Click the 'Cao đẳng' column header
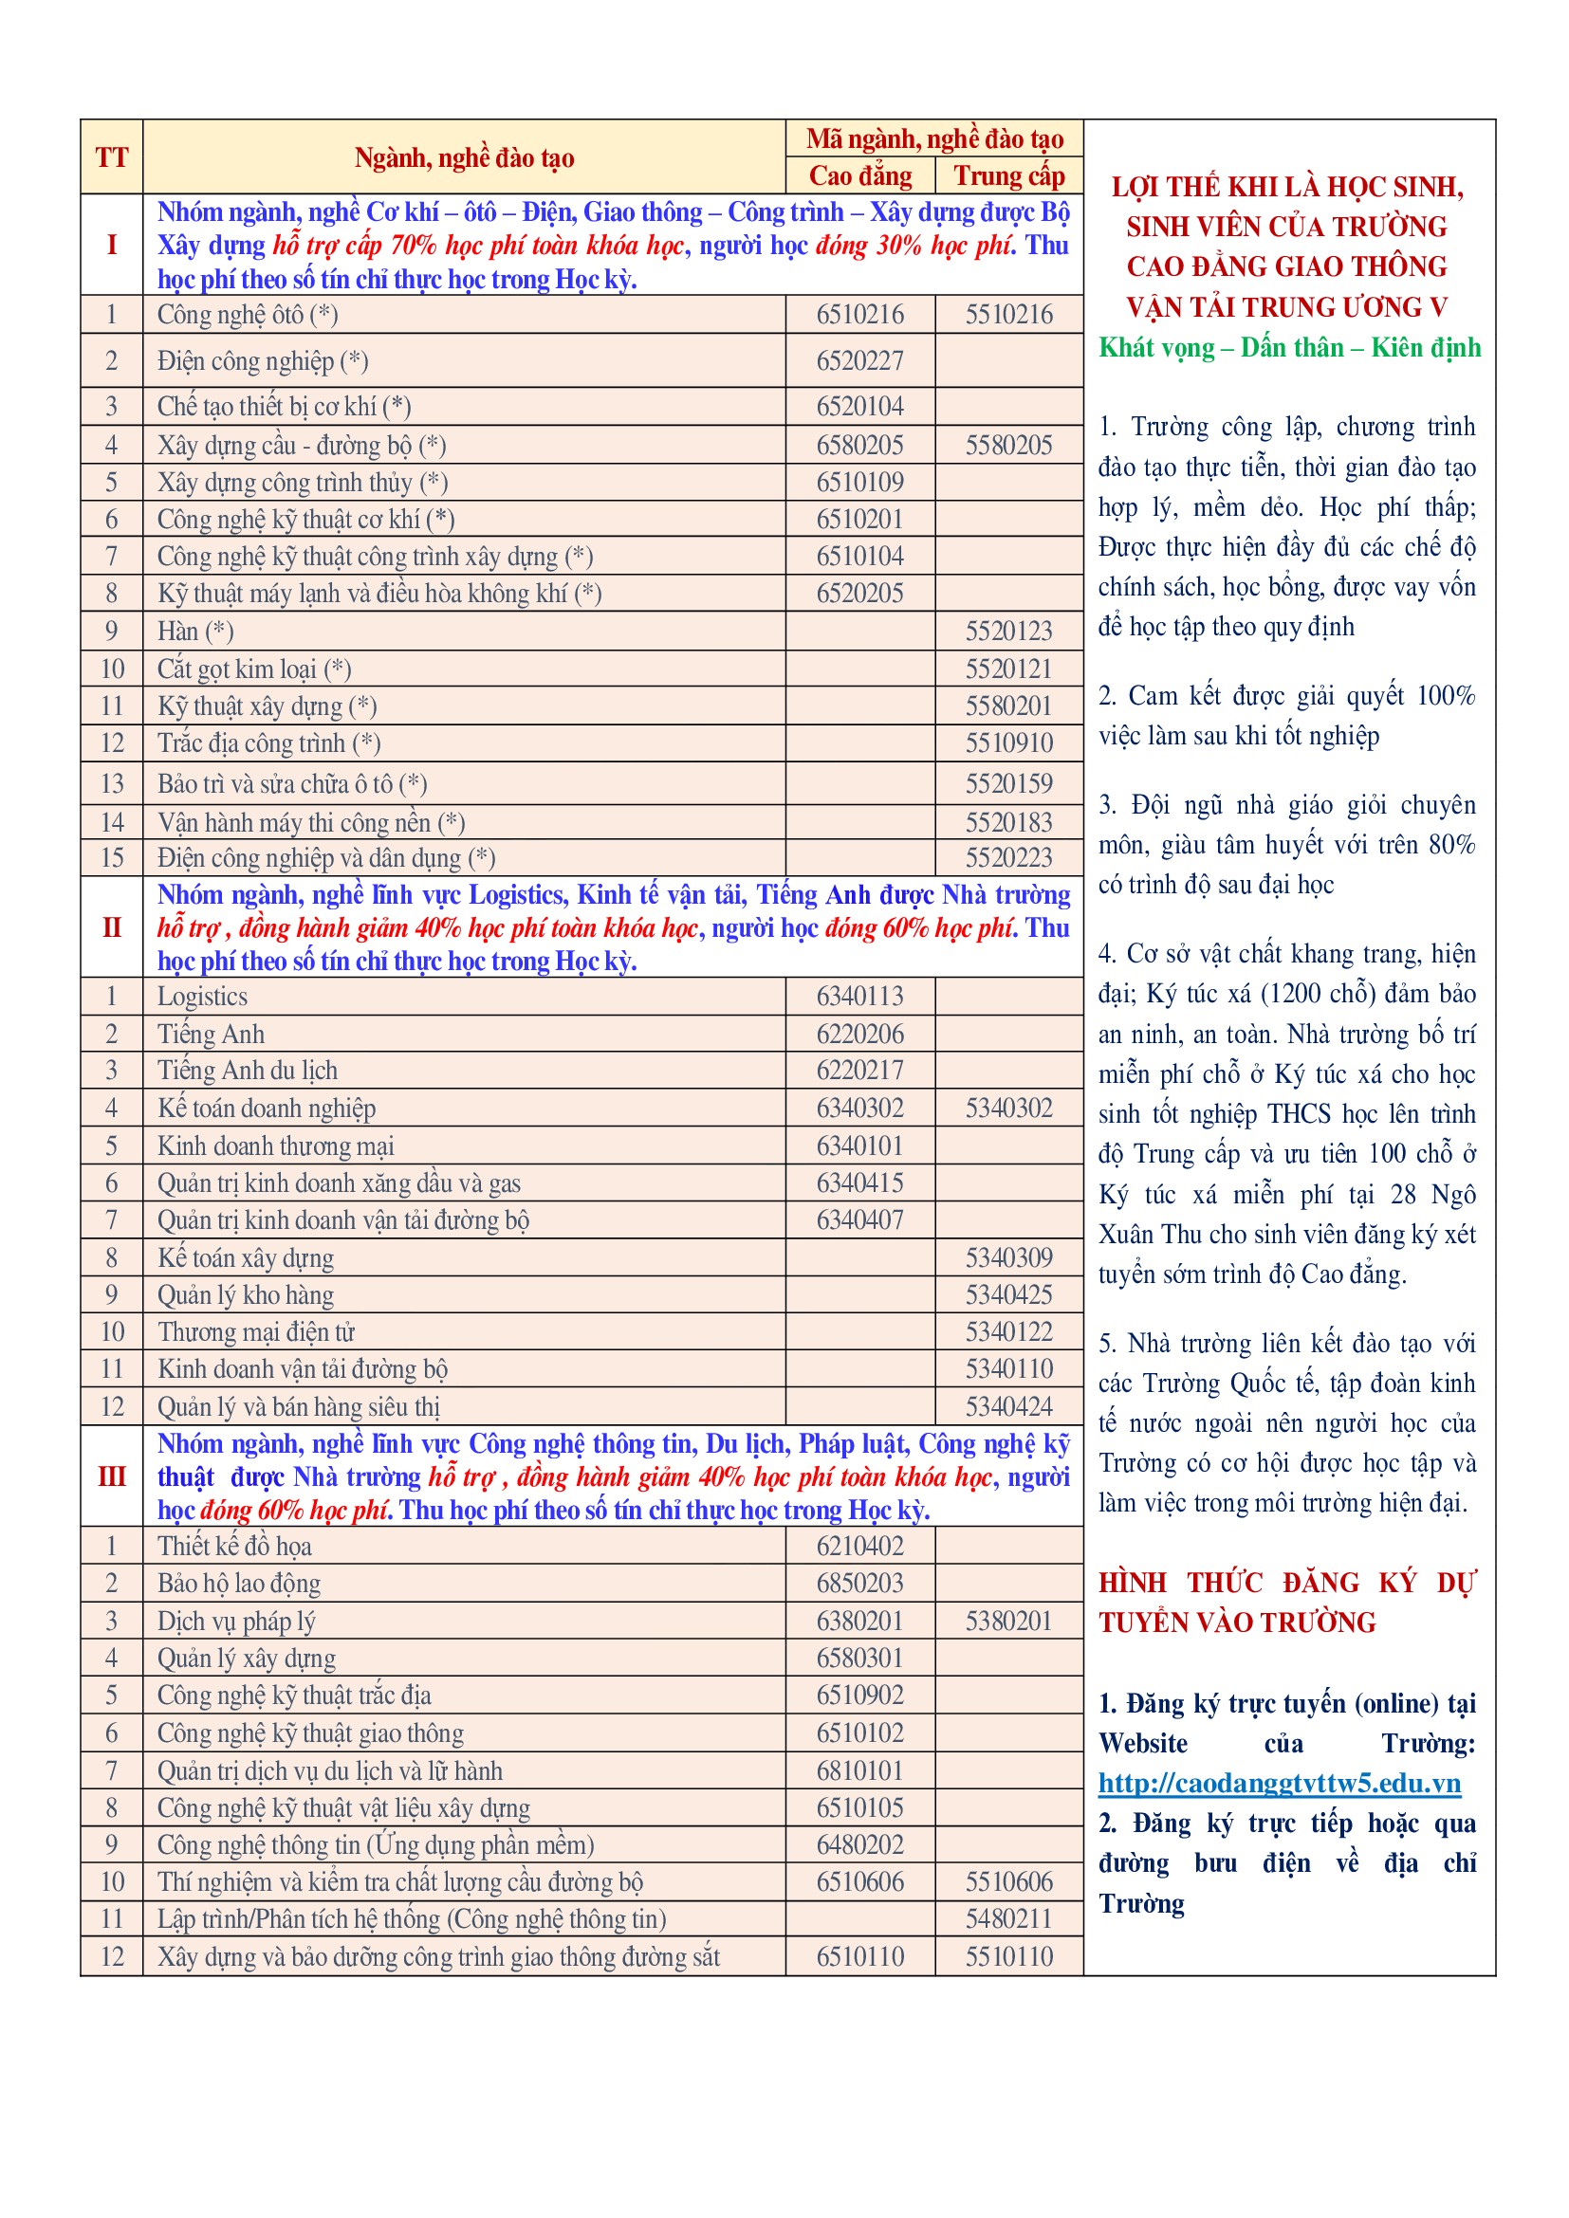click(859, 175)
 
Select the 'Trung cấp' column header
click(1008, 175)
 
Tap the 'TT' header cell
click(111, 157)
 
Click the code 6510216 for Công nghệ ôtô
click(859, 315)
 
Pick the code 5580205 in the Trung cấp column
click(1008, 446)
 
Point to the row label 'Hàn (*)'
click(196, 631)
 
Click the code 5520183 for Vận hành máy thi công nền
click(1008, 822)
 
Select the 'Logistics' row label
click(203, 996)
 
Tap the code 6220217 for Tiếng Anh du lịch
click(859, 1071)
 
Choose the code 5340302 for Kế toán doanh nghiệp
click(1008, 1108)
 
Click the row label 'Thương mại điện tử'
click(257, 1332)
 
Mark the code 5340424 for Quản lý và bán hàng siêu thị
click(1008, 1406)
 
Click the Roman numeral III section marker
click(111, 1476)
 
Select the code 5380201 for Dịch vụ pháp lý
click(1008, 1621)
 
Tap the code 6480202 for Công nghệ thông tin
click(859, 1845)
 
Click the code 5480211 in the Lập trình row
click(1008, 1919)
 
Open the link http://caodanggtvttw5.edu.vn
click(1279, 1784)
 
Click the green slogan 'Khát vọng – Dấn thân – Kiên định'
click(1289, 348)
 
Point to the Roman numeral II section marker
click(111, 927)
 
